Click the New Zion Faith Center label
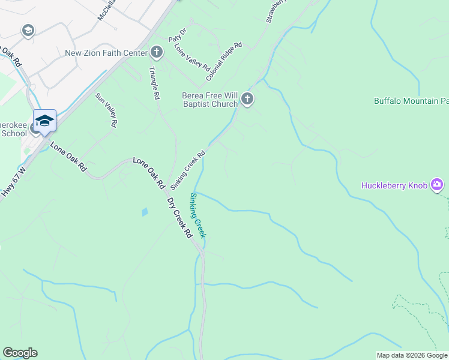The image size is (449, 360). point(106,53)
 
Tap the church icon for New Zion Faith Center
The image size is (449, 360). point(157,52)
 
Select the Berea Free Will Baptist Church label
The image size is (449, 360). point(210,100)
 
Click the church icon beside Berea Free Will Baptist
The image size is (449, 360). point(247,100)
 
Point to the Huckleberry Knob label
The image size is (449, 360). point(394,185)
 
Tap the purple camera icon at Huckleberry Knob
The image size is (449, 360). point(437,185)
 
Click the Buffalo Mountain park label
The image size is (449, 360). point(411,101)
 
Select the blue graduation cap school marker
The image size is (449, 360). point(44,121)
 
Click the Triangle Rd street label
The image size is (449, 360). point(154,83)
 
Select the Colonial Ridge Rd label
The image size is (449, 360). point(224,61)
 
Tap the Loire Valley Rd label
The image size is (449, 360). point(191,58)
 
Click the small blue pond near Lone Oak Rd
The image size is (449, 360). point(144,212)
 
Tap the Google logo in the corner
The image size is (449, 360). point(20,353)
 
